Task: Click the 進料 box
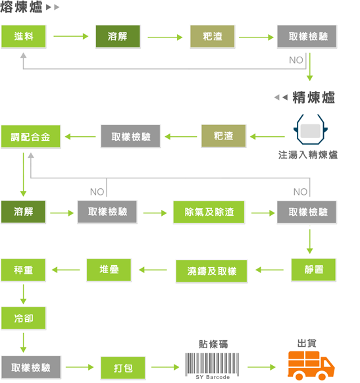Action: point(24,37)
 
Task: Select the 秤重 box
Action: point(24,270)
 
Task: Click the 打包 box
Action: point(123,367)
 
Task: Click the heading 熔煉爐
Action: point(22,8)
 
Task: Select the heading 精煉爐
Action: point(313,97)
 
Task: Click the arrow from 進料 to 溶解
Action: point(71,37)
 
